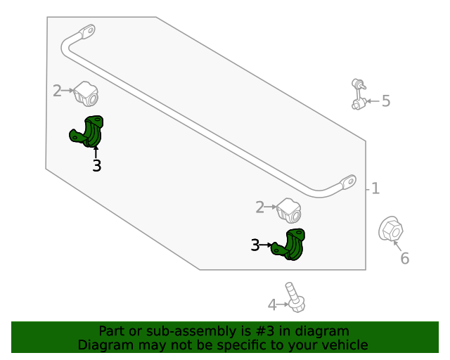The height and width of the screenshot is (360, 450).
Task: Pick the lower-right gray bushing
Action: point(288,210)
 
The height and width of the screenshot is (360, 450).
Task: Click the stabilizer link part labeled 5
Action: point(359,95)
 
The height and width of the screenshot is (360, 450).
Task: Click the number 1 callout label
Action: point(375,188)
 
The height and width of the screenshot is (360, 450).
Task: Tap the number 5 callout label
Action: point(386,101)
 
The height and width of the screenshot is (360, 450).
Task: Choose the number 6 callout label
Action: point(404,259)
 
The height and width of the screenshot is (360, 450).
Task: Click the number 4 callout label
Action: point(272,305)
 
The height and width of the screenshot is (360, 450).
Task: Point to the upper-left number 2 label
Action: point(58,90)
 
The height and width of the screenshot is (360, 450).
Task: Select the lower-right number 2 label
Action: point(259,207)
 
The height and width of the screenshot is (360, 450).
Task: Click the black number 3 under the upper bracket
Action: point(96,166)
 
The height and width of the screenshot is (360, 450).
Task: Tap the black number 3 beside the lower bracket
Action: point(255,245)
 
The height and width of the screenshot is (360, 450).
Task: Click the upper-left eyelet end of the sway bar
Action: point(87,32)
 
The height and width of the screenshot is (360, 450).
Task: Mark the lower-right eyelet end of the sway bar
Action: point(348,182)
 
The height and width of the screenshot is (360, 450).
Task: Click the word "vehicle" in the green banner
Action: point(344,345)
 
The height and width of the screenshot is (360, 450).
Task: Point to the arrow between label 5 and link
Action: point(373,102)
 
